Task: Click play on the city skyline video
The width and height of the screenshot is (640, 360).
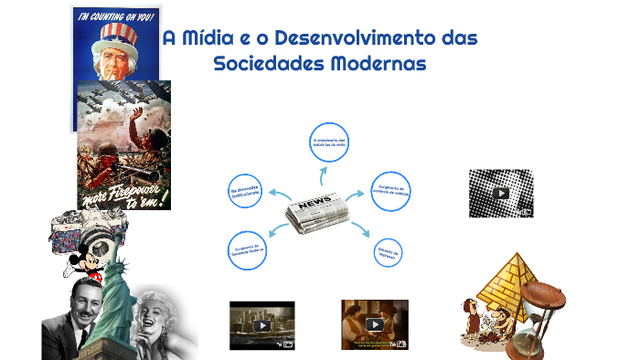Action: (x=262, y=325)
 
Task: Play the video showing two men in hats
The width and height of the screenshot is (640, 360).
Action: (x=374, y=324)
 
